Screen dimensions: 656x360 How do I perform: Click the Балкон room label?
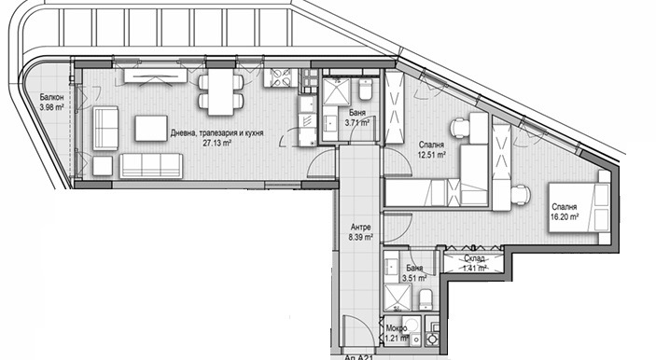52,97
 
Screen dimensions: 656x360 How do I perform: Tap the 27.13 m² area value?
217,143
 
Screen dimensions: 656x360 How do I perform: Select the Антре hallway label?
360,228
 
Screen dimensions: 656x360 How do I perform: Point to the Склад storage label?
474,258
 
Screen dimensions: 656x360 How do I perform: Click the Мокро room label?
397,328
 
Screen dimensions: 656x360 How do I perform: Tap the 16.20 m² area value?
565,216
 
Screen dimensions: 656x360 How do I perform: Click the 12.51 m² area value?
431,154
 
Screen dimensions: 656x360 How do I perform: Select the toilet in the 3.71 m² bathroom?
365,89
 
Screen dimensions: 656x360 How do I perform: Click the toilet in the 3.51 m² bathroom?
425,299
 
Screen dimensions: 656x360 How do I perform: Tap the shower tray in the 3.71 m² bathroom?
336,91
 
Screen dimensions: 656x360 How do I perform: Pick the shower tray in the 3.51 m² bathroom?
398,298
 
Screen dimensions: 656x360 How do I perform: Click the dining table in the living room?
220,91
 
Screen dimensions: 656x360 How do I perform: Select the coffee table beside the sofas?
151,129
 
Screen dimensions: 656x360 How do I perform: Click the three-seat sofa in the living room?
151,166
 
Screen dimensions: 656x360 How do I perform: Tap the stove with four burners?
280,77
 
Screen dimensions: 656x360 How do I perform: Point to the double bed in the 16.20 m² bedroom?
579,207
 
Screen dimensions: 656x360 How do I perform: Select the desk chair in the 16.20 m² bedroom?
520,195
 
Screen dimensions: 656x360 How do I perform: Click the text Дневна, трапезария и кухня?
216,133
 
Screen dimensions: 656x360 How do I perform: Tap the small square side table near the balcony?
103,166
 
